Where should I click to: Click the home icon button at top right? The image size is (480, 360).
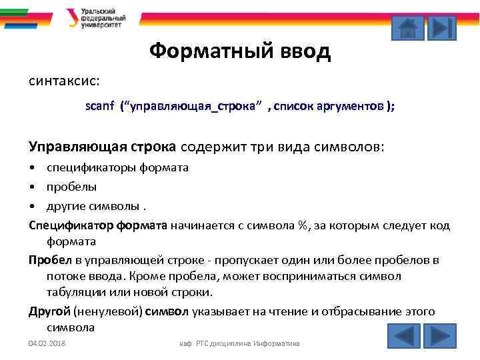coord(407,27)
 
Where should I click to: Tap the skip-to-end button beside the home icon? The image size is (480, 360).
coord(441,27)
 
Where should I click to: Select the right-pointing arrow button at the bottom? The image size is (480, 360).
coord(439,335)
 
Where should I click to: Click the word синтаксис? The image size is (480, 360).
coord(64,81)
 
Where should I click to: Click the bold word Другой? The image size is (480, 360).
coord(49,311)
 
